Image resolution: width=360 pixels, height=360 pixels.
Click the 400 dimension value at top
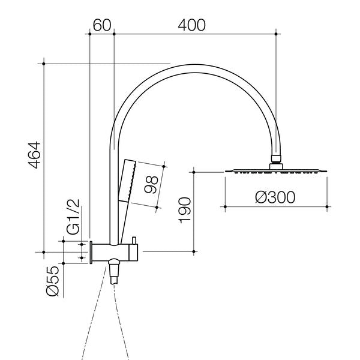click(192, 25)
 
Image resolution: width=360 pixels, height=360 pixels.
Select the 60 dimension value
click(103, 25)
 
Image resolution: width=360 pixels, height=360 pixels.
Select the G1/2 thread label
click(73, 218)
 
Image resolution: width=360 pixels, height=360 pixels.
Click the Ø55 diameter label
click(52, 280)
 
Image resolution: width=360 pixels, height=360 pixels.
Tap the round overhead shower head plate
click(275, 172)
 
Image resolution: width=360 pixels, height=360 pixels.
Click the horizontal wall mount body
click(114, 253)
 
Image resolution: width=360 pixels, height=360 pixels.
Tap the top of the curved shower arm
click(192, 65)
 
